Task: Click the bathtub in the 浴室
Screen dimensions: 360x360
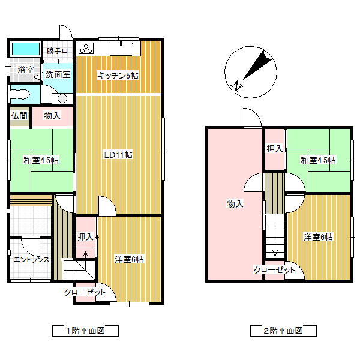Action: coord(25,49)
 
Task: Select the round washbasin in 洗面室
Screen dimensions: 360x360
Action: coord(62,98)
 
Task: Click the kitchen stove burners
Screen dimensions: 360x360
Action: coord(86,49)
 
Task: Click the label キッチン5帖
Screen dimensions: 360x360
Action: coord(118,76)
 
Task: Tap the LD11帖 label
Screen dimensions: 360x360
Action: coord(118,155)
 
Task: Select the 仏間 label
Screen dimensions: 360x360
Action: coord(18,116)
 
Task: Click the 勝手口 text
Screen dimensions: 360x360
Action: coord(57,51)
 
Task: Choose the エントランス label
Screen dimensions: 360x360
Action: coord(31,260)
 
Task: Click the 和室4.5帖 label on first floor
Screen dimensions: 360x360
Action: coord(41,160)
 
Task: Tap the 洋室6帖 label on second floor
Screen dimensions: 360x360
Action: coord(318,237)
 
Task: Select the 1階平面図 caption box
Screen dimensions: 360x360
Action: coord(85,331)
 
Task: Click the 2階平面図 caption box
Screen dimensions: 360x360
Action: coord(283,331)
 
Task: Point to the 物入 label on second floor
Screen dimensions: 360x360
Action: coord(235,204)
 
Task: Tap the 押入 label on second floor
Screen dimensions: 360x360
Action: coord(275,148)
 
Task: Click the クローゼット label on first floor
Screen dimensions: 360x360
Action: coord(85,292)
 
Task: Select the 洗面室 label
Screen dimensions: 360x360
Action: coord(58,75)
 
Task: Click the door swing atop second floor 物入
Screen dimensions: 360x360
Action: coord(252,118)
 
